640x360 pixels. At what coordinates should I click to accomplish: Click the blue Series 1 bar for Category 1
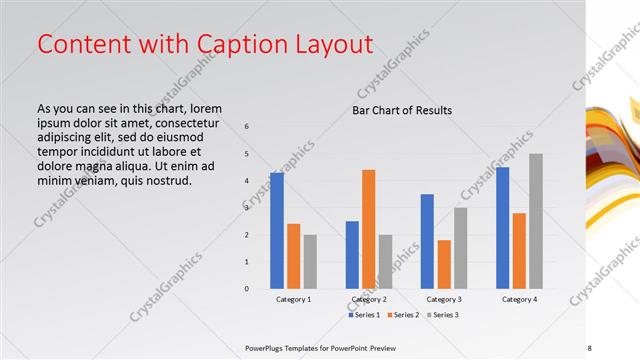pyautogui.click(x=276, y=230)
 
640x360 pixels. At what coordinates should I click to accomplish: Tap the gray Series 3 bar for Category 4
pyautogui.click(x=536, y=221)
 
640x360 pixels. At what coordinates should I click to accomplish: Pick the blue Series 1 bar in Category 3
pyautogui.click(x=427, y=241)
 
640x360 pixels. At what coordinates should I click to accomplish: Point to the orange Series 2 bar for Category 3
pyautogui.click(x=444, y=264)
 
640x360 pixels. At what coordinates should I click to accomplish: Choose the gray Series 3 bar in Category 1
pyautogui.click(x=310, y=261)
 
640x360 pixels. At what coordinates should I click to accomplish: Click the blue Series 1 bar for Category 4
pyautogui.click(x=502, y=227)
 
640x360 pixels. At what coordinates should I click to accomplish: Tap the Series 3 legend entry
pyautogui.click(x=444, y=315)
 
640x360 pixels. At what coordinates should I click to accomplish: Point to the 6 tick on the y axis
pyautogui.click(x=247, y=126)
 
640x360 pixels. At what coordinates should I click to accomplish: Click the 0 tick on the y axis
pyautogui.click(x=247, y=289)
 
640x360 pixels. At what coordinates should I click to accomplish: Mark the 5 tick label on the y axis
pyautogui.click(x=247, y=153)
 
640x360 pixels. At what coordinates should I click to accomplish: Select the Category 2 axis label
pyautogui.click(x=369, y=299)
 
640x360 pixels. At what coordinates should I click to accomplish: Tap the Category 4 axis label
pyautogui.click(x=519, y=299)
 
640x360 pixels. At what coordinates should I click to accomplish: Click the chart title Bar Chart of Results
pyautogui.click(x=402, y=110)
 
